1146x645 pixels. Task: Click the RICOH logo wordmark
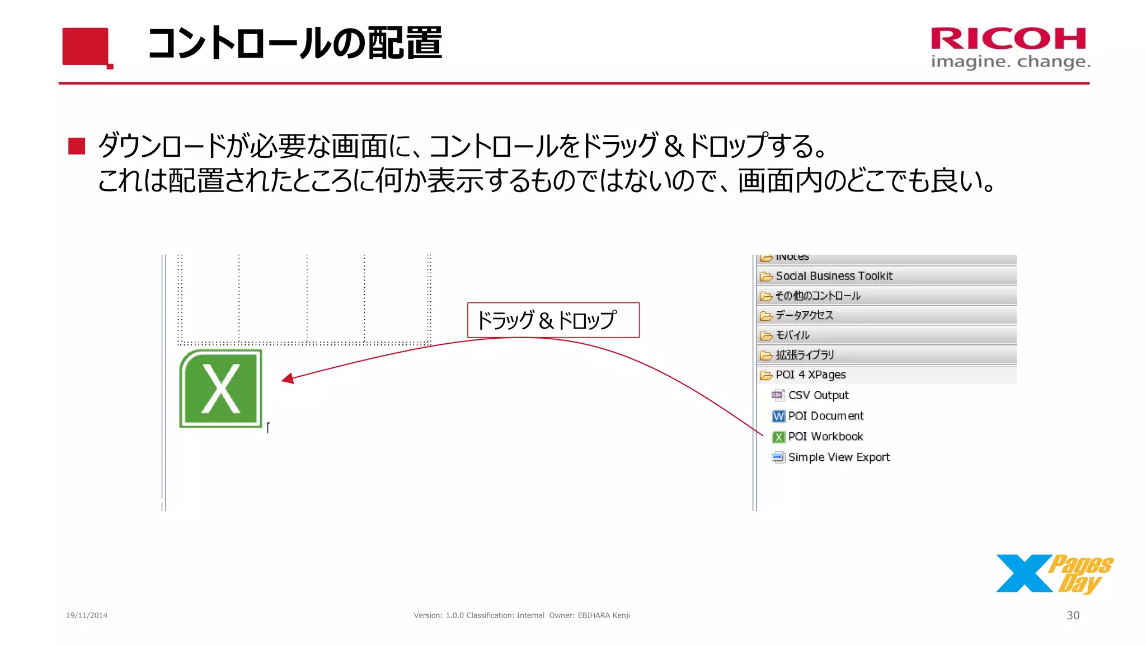tap(1008, 39)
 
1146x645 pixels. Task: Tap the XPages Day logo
tap(1054, 574)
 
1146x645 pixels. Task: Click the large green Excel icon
tap(220, 389)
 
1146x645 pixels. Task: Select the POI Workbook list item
tap(825, 437)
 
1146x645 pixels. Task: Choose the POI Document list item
tap(825, 416)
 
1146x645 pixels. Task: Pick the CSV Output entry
tap(818, 395)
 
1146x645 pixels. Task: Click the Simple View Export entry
tap(838, 457)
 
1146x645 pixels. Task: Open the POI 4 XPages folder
tap(810, 375)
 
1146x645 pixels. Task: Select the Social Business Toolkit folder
tap(834, 276)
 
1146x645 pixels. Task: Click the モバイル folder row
tap(792, 335)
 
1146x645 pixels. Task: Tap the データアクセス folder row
tap(804, 316)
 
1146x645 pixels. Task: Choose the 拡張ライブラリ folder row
tap(805, 355)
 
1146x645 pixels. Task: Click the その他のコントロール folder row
tap(818, 296)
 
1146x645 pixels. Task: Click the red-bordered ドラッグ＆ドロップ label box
tap(553, 320)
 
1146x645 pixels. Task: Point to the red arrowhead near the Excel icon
tap(288, 379)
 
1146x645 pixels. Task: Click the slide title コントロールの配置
tap(295, 43)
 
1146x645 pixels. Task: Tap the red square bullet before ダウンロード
tap(77, 146)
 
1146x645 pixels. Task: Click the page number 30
tap(1073, 615)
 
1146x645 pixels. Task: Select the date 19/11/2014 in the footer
tap(87, 615)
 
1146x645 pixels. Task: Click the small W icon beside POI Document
tap(778, 416)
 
